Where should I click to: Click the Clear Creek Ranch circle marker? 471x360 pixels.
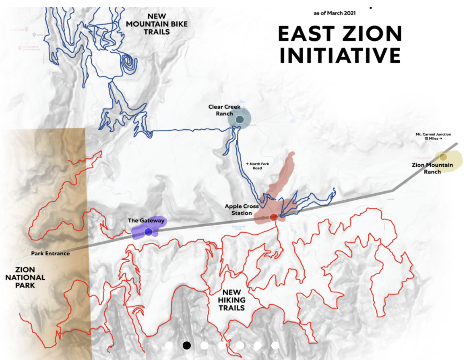pos(240,120)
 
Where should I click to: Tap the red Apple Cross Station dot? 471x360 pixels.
pos(274,217)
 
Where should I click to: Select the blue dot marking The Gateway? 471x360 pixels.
pos(148,232)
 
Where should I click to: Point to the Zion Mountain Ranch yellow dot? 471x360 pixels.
pos(443,157)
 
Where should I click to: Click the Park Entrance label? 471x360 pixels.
pos(50,253)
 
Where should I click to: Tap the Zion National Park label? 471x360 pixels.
pos(25,277)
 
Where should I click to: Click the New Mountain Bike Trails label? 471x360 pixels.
pos(157,24)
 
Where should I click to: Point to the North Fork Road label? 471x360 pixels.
pos(258,166)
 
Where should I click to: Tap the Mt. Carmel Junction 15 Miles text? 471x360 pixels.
pos(433,136)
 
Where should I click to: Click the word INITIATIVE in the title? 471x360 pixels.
pos(340,55)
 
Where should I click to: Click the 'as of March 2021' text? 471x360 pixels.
pos(335,13)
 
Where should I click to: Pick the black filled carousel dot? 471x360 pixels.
pos(186,346)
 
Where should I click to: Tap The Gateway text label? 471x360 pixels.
pos(146,221)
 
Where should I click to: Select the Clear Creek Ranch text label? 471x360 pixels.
pos(224,110)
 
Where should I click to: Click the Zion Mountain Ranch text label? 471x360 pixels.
pos(432,168)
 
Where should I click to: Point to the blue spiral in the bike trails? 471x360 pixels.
pos(128,62)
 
